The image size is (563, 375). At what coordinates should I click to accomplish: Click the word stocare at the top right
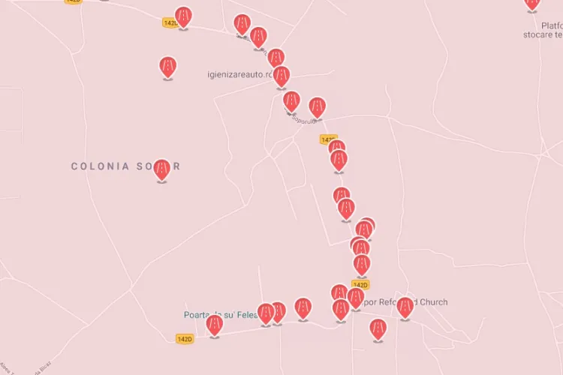click(x=543, y=34)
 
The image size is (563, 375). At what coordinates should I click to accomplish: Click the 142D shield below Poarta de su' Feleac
click(x=185, y=339)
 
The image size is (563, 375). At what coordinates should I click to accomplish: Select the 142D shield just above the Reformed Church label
click(x=360, y=285)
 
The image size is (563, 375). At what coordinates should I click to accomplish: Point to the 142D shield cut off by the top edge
click(x=73, y=1)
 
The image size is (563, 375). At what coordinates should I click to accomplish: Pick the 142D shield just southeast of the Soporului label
click(x=328, y=139)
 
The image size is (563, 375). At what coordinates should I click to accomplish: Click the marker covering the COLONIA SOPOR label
click(x=161, y=169)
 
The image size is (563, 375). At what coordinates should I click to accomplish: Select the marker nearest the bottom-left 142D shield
click(x=215, y=325)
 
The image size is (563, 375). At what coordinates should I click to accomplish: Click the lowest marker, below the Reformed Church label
click(x=378, y=328)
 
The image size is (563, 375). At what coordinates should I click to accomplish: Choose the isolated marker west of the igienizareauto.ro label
click(x=168, y=67)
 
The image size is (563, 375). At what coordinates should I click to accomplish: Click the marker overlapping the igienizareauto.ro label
click(x=281, y=76)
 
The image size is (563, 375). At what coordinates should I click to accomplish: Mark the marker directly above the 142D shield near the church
click(x=362, y=264)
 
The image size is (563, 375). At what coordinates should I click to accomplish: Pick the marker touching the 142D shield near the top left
click(x=182, y=16)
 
